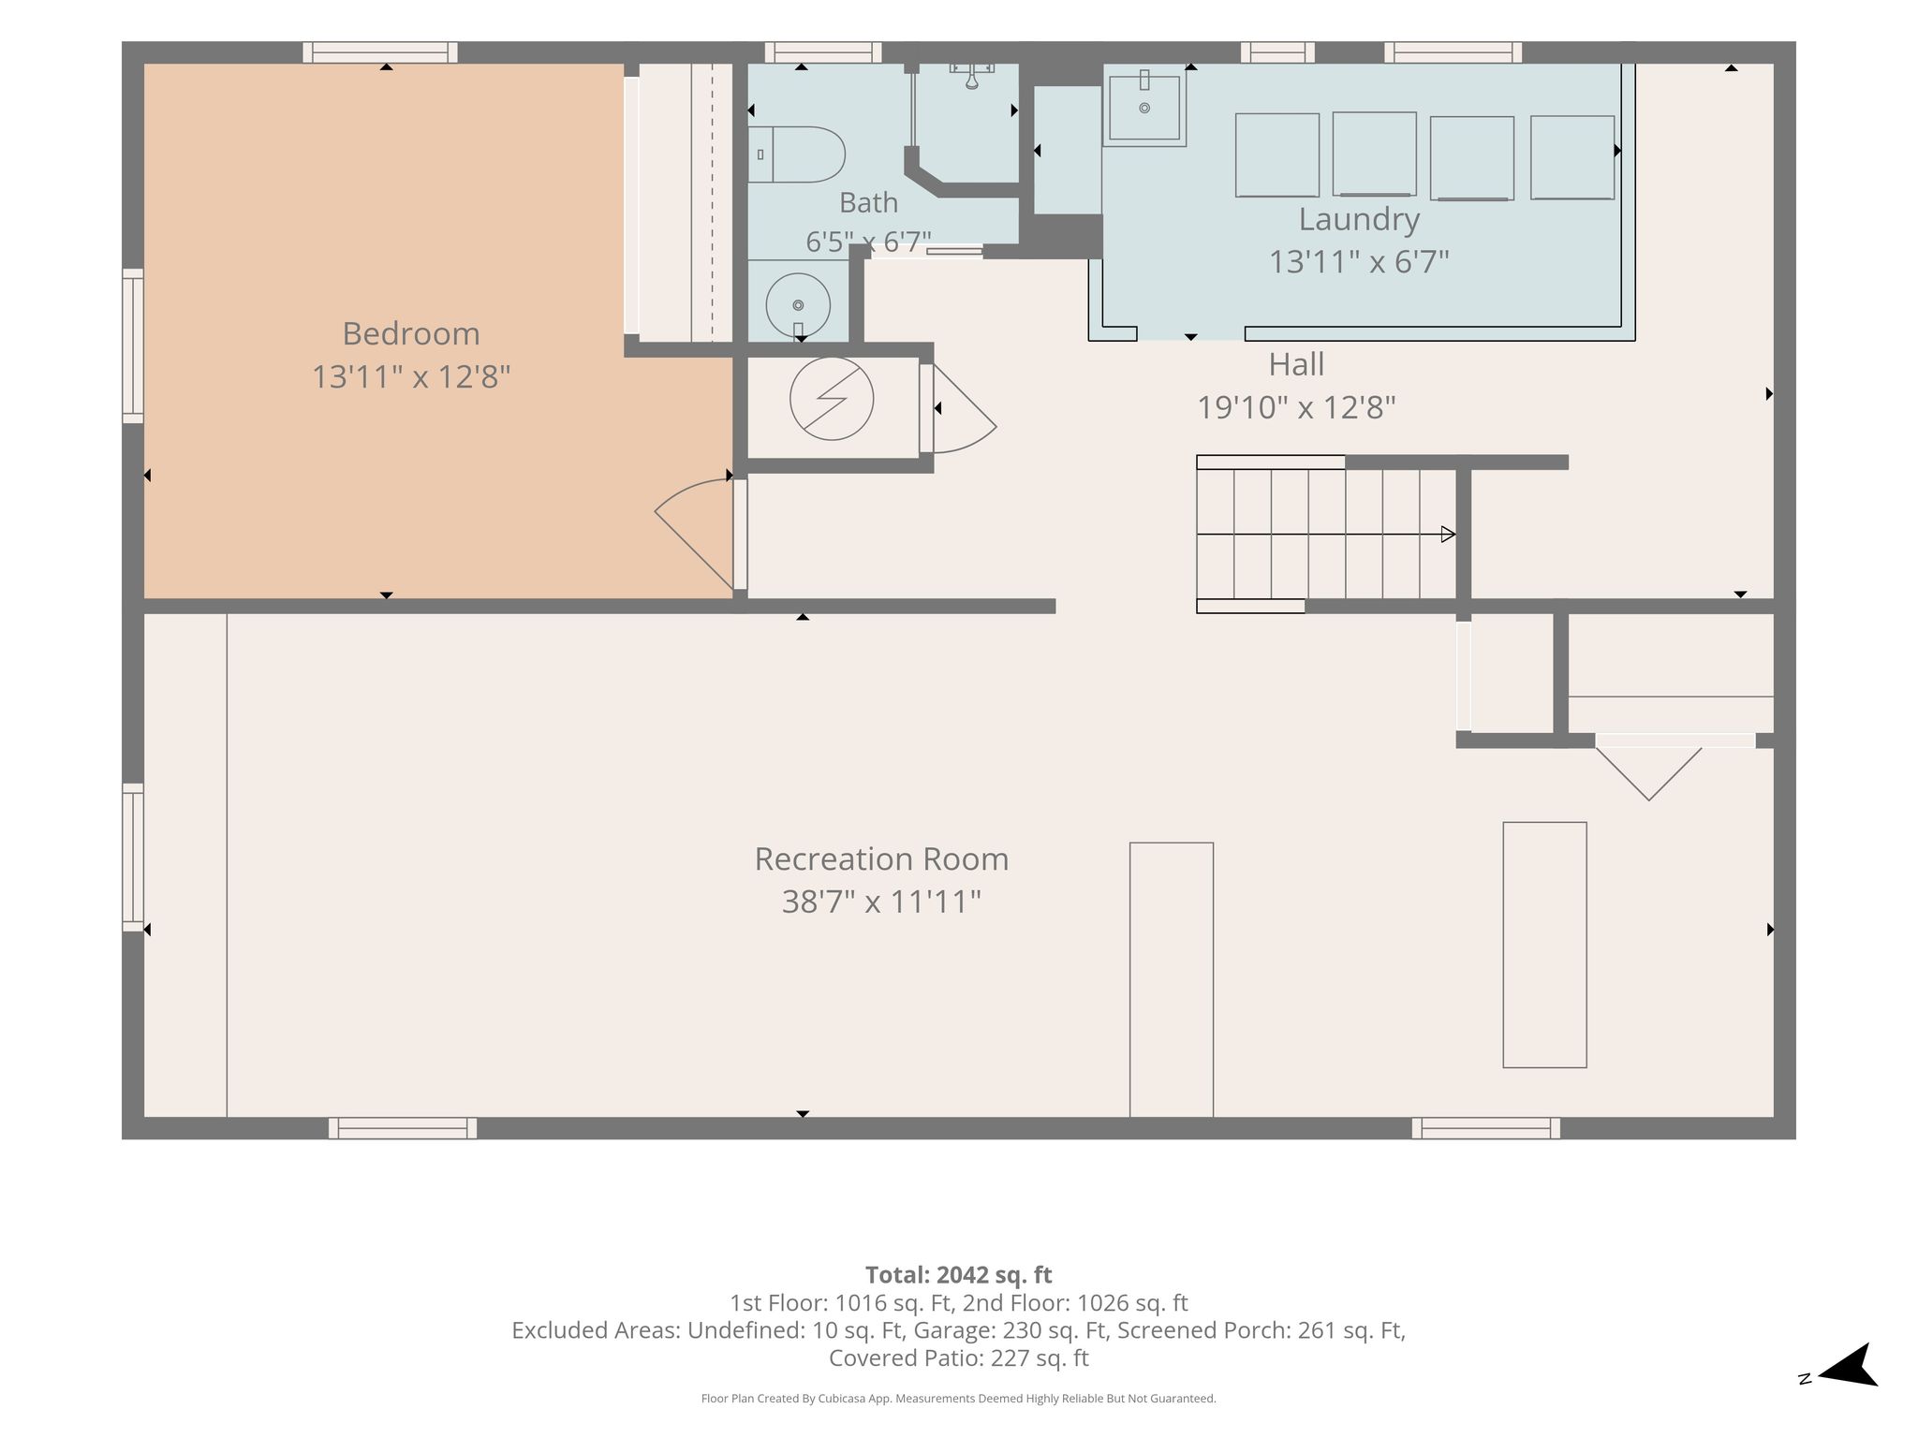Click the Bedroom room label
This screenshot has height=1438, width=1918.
pyautogui.click(x=411, y=333)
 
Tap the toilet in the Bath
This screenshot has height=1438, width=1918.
pyautogui.click(x=796, y=154)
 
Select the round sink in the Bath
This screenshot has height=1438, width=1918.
pyautogui.click(x=798, y=305)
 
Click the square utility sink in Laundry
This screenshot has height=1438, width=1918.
pyautogui.click(x=1144, y=106)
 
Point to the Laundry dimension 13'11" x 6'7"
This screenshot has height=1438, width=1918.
pyautogui.click(x=1359, y=261)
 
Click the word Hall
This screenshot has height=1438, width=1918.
pyautogui.click(x=1296, y=364)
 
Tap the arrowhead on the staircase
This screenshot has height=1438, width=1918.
pyautogui.click(x=1448, y=535)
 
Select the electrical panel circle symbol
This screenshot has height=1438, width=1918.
pyautogui.click(x=832, y=399)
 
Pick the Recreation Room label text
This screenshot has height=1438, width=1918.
pyautogui.click(x=881, y=858)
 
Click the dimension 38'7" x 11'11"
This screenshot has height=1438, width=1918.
pyautogui.click(x=881, y=902)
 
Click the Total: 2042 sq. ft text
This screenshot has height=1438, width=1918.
pyautogui.click(x=958, y=1275)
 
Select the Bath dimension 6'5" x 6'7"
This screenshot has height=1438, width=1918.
pyautogui.click(x=868, y=242)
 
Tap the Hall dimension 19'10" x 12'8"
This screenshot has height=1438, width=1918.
pyautogui.click(x=1296, y=407)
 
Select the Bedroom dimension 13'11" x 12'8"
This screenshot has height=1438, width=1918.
pyautogui.click(x=411, y=376)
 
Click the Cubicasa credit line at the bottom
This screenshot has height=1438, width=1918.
pyautogui.click(x=958, y=1399)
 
